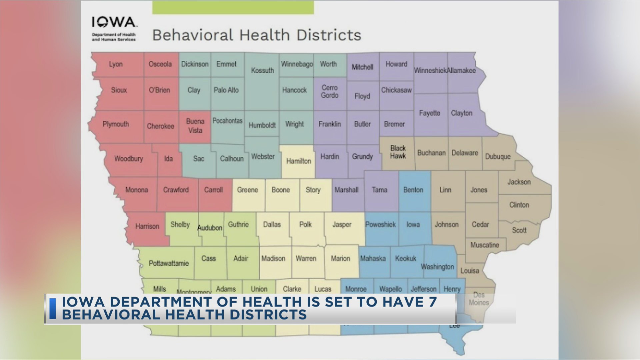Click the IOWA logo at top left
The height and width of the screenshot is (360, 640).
(114, 23)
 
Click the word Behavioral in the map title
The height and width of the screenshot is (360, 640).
(193, 35)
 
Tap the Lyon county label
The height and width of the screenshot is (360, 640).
(116, 64)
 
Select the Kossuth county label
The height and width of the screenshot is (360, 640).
(262, 70)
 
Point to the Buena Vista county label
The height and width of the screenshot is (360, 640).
(195, 126)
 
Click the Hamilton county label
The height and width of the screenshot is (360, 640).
(298, 161)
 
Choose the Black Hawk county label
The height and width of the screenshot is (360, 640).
(398, 152)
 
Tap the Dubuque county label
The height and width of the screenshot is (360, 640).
(498, 156)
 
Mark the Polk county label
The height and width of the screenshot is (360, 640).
(305, 224)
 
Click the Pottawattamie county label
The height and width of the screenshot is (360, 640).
(169, 263)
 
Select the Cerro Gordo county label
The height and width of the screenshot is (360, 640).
(329, 91)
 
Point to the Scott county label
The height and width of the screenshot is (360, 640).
(519, 230)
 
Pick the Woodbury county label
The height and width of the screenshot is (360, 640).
(128, 159)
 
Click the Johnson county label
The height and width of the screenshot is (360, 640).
(446, 225)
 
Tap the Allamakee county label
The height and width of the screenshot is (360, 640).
(461, 70)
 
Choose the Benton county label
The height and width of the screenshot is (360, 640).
(413, 190)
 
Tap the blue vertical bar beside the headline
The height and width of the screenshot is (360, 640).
(53, 309)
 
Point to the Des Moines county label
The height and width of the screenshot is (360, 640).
(479, 299)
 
